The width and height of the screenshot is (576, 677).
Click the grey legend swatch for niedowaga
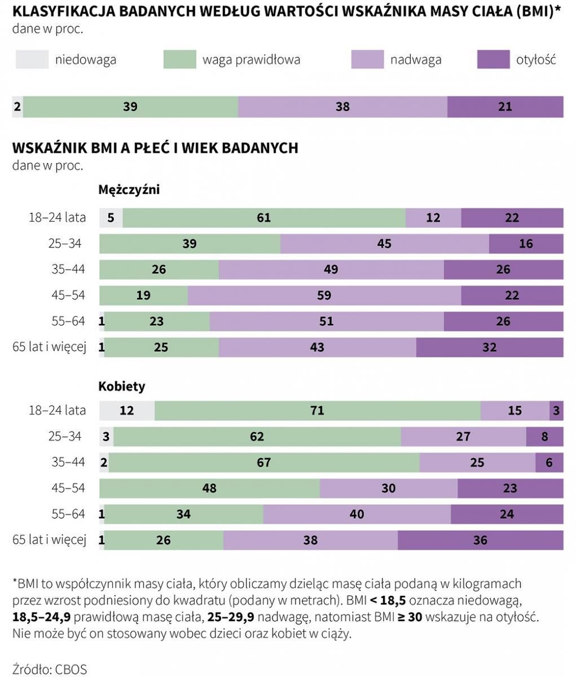pyautogui.click(x=32, y=60)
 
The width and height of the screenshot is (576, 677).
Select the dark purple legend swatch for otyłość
pyautogui.click(x=493, y=60)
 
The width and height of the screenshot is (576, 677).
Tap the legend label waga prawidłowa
pyautogui.click(x=251, y=60)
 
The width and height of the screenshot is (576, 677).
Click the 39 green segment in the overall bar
pyautogui.click(x=130, y=107)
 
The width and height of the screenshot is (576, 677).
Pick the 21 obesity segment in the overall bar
pyautogui.click(x=505, y=107)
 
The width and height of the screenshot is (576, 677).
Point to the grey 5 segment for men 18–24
pyautogui.click(x=111, y=218)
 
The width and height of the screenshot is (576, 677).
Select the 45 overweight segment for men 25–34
pyautogui.click(x=384, y=244)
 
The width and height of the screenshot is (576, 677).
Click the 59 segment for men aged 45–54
pyautogui.click(x=324, y=295)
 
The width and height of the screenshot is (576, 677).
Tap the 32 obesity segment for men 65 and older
pyautogui.click(x=489, y=347)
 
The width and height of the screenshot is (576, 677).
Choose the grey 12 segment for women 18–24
pyautogui.click(x=127, y=411)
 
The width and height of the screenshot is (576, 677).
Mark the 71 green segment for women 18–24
pyautogui.click(x=317, y=411)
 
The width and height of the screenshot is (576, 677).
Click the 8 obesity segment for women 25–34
pyautogui.click(x=544, y=437)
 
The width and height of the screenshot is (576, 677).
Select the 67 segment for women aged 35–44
pyautogui.click(x=263, y=463)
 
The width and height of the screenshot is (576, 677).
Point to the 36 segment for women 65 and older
pyautogui.click(x=480, y=540)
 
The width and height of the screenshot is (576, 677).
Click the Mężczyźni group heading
pyautogui.click(x=129, y=190)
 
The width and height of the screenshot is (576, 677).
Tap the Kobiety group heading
pyautogui.click(x=121, y=386)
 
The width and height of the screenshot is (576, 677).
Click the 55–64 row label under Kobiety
pyautogui.click(x=68, y=514)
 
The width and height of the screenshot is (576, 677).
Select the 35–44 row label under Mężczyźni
pyautogui.click(x=68, y=269)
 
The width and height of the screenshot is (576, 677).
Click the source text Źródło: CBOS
pyautogui.click(x=50, y=669)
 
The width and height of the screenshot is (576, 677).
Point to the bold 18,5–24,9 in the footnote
pyautogui.click(x=47, y=617)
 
